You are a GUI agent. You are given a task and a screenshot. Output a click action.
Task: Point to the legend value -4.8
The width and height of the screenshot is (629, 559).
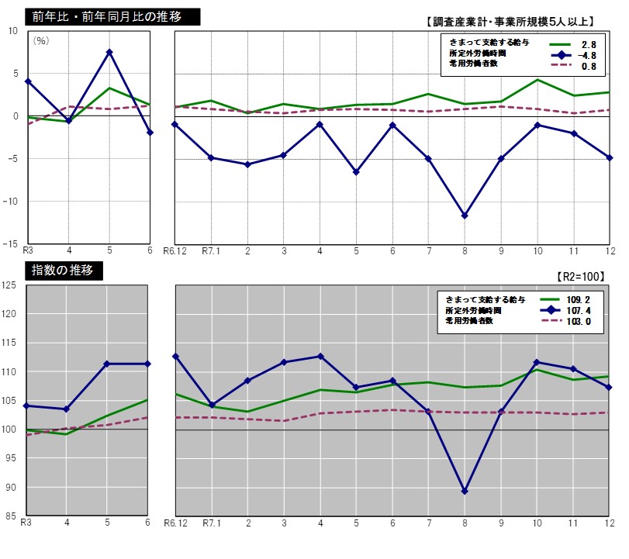pos(589,56)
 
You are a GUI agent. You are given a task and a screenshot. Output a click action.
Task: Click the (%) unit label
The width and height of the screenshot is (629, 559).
pos(41,41)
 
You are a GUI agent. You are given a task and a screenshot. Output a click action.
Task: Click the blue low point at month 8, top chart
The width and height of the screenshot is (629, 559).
pos(465,216)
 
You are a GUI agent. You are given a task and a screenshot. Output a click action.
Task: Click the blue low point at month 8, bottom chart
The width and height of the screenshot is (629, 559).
pos(465,491)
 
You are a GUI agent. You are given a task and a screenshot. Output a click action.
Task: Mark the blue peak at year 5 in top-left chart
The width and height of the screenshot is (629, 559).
pos(109,52)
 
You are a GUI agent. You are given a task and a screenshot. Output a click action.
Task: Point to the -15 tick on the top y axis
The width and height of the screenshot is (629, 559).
pos(12,243)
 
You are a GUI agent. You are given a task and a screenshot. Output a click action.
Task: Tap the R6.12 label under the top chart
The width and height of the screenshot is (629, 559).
pos(176,251)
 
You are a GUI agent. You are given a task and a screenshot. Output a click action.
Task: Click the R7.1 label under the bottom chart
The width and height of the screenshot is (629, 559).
pos(212,523)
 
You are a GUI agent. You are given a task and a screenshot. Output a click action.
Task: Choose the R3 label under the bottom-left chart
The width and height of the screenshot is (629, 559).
pos(27,523)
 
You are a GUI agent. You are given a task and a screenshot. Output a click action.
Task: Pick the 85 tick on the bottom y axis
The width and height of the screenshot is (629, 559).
pos(12,516)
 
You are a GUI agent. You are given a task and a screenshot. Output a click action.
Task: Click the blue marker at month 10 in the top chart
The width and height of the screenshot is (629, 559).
pos(537,125)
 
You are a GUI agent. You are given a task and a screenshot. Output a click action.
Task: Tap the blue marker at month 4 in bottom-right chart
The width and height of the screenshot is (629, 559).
pos(320,357)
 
